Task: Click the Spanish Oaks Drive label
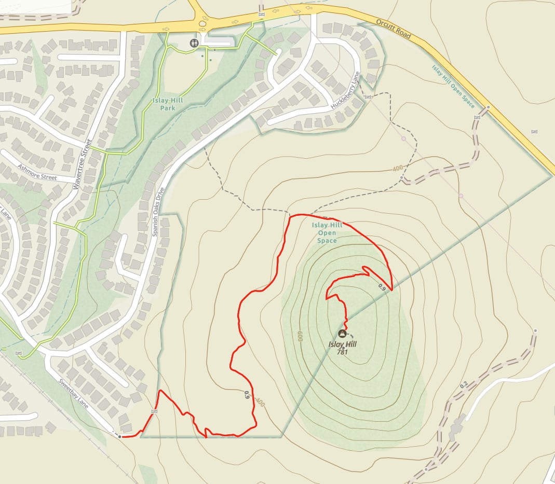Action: [x=158, y=212]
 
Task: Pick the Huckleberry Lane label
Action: [x=345, y=89]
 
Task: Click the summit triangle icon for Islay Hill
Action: [x=342, y=334]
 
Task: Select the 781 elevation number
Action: [x=342, y=352]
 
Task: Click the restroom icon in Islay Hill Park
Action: [x=194, y=43]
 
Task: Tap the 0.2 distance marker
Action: [x=464, y=384]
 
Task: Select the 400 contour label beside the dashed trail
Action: [x=398, y=169]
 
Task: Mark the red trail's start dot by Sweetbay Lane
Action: [x=120, y=437]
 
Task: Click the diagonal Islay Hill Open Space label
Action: [x=453, y=86]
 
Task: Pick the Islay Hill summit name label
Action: [x=342, y=344]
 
